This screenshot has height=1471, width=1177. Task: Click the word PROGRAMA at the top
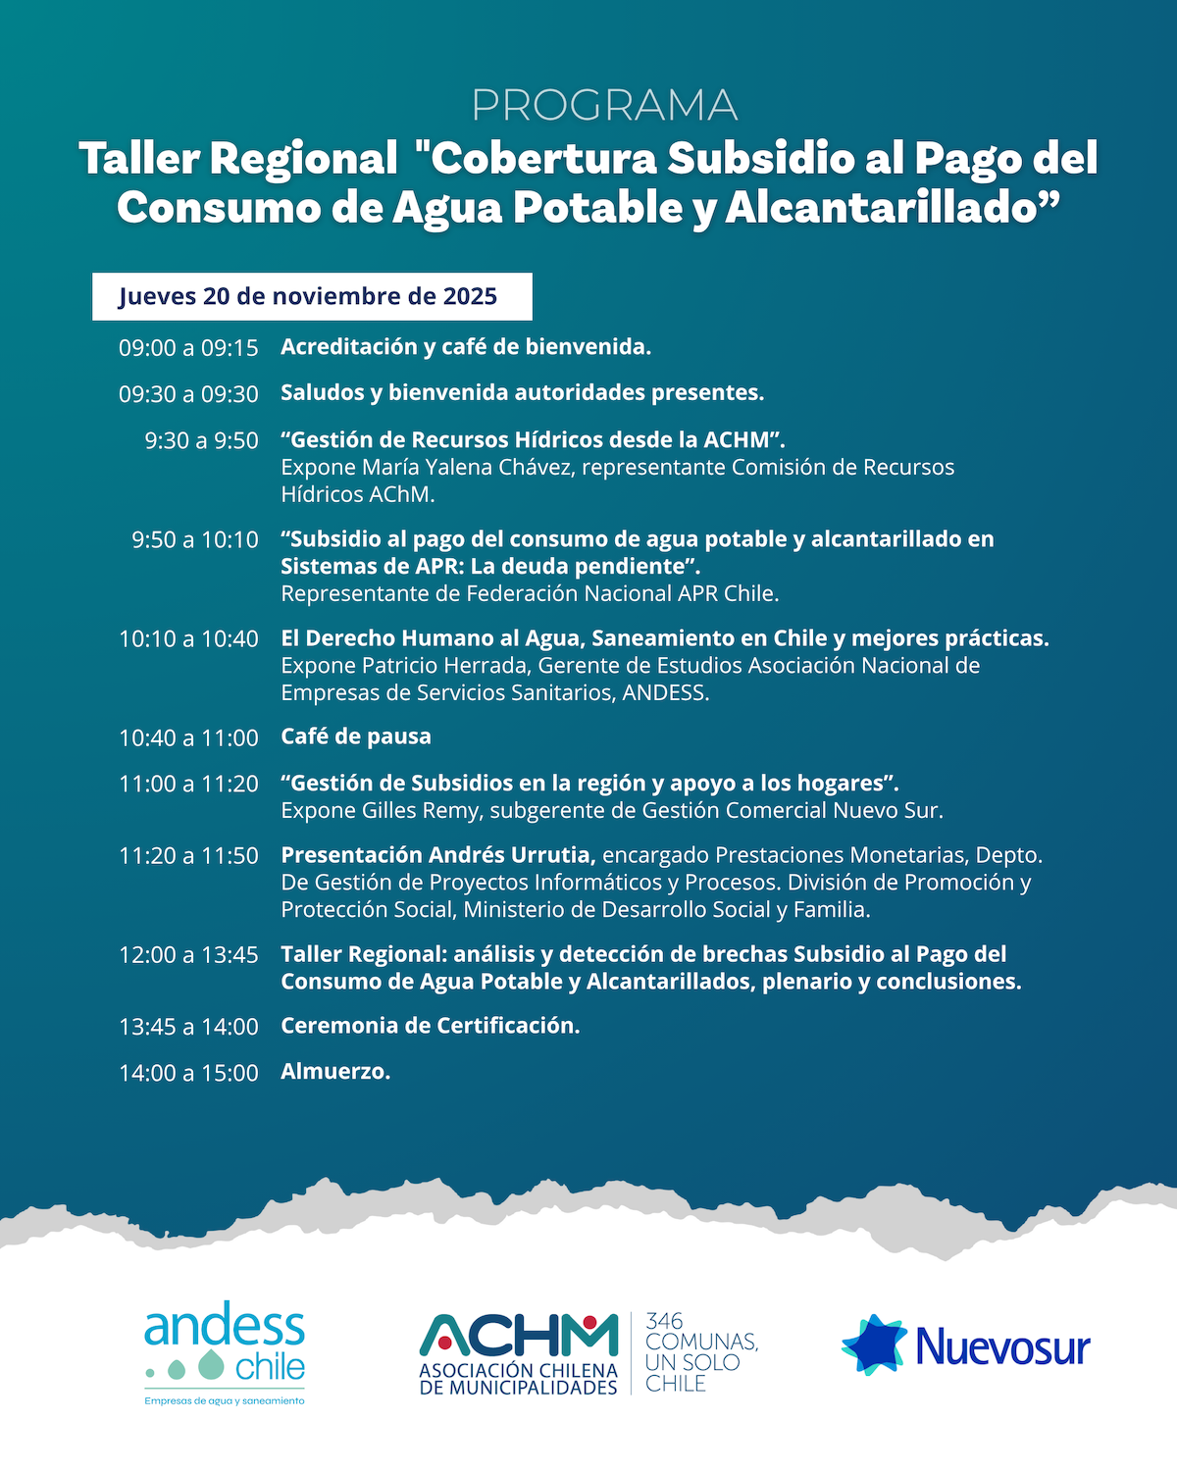pos(604,106)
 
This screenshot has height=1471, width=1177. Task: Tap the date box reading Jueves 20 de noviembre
pos(312,296)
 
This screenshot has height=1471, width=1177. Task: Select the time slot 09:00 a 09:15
pos(188,348)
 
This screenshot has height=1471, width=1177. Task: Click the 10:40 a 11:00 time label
pos(188,737)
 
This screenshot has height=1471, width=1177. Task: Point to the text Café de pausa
pos(356,736)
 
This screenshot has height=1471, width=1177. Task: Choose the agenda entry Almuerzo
pos(335,1072)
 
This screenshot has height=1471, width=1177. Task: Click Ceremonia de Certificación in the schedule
pos(431,1026)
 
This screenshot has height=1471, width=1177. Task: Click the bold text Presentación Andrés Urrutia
pos(437,855)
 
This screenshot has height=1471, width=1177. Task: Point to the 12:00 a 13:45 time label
pos(188,955)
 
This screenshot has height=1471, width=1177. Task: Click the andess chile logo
pos(225,1351)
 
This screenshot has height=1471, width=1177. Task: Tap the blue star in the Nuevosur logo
pos(874,1344)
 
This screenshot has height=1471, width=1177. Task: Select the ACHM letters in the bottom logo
pos(519,1335)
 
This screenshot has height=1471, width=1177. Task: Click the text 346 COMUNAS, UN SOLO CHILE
pos(700,1352)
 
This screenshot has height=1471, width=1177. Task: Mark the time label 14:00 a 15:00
pos(188,1073)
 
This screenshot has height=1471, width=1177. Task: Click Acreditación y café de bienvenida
pos(466,347)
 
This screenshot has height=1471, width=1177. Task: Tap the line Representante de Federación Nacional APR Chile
pos(530,594)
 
